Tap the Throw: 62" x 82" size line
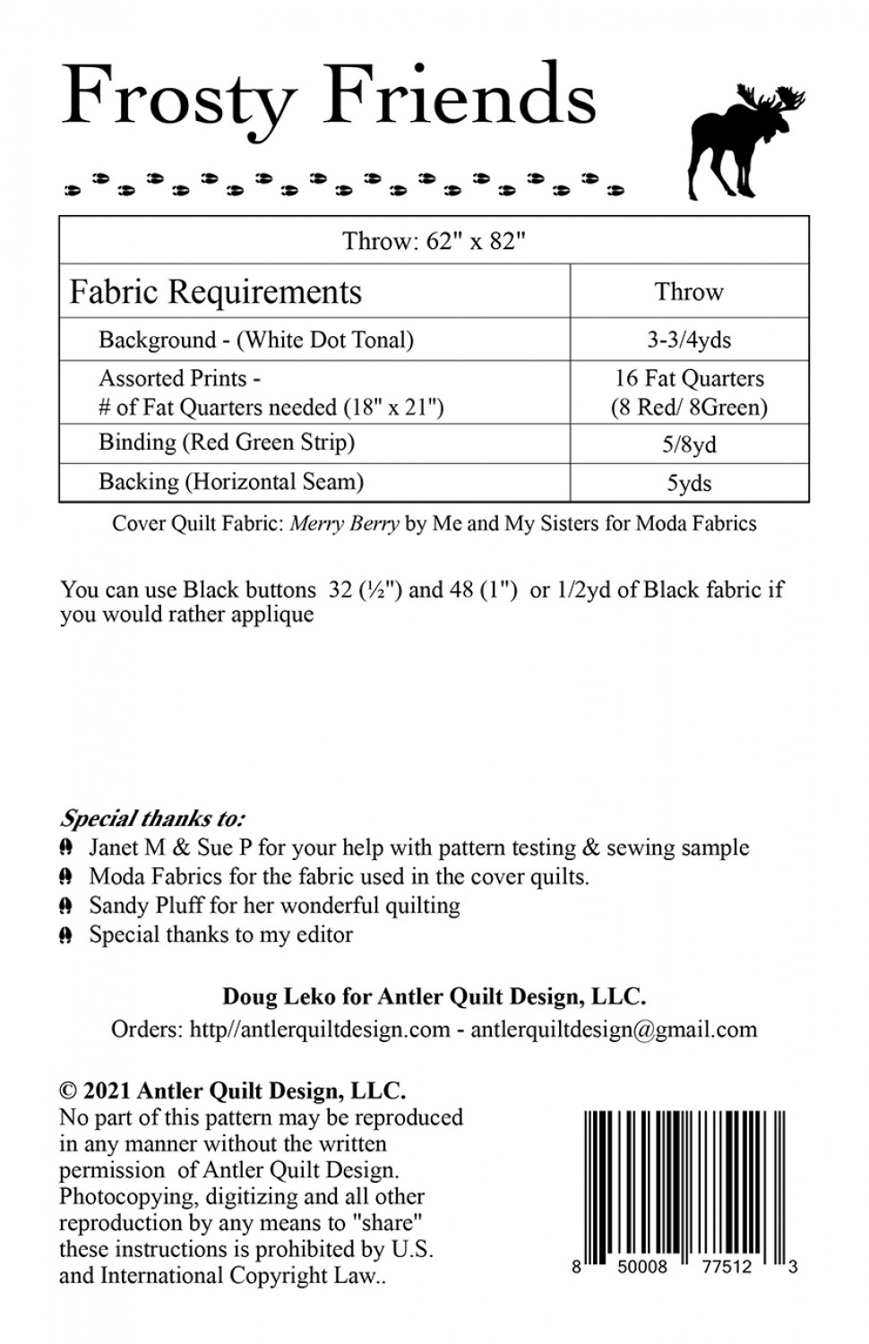tap(434, 241)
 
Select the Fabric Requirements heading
tap(216, 292)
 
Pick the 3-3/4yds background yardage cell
tap(689, 340)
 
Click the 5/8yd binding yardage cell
tap(689, 444)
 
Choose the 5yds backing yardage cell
tap(689, 484)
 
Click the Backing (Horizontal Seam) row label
tap(231, 482)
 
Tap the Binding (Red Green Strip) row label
tap(227, 443)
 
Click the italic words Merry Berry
tap(345, 524)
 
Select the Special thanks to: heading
tap(152, 818)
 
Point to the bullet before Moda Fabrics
tap(66, 876)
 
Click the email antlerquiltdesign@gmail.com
tap(614, 1030)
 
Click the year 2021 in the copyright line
tap(108, 1091)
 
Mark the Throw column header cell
tap(689, 292)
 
